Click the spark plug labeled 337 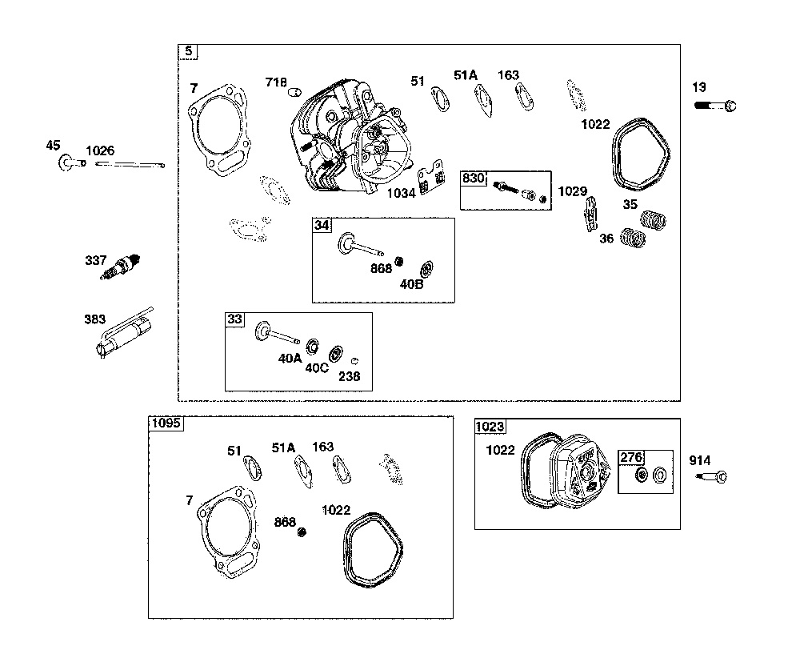(121, 267)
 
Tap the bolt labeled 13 (715, 106)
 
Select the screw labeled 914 (712, 476)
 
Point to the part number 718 (276, 82)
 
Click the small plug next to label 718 (295, 92)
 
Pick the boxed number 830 (473, 179)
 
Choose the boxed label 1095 (166, 423)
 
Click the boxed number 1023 (490, 427)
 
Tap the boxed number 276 (631, 457)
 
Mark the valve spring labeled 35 (654, 220)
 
